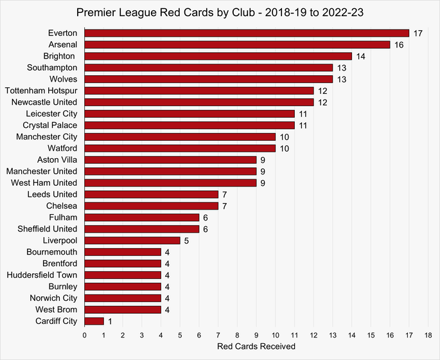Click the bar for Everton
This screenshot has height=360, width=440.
tap(247, 33)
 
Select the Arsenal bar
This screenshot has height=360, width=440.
tap(237, 44)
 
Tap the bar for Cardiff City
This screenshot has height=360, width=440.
tap(94, 321)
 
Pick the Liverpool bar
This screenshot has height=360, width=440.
tap(132, 240)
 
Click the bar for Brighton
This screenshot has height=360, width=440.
tap(218, 56)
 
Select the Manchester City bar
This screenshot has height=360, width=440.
tap(180, 136)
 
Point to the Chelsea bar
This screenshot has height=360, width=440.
tap(151, 206)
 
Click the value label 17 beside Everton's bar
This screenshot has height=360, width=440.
tap(419, 33)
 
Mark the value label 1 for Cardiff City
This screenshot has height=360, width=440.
tap(111, 321)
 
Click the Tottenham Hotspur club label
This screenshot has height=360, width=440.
tap(40, 91)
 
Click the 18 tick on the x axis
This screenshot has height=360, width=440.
tap(428, 335)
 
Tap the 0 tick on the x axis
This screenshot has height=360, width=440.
tap(85, 335)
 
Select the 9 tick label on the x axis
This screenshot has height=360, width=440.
tap(256, 335)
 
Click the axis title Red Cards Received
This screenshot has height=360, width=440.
tap(256, 347)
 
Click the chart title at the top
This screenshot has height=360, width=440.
tap(220, 12)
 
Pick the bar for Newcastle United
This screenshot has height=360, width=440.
tap(199, 102)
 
